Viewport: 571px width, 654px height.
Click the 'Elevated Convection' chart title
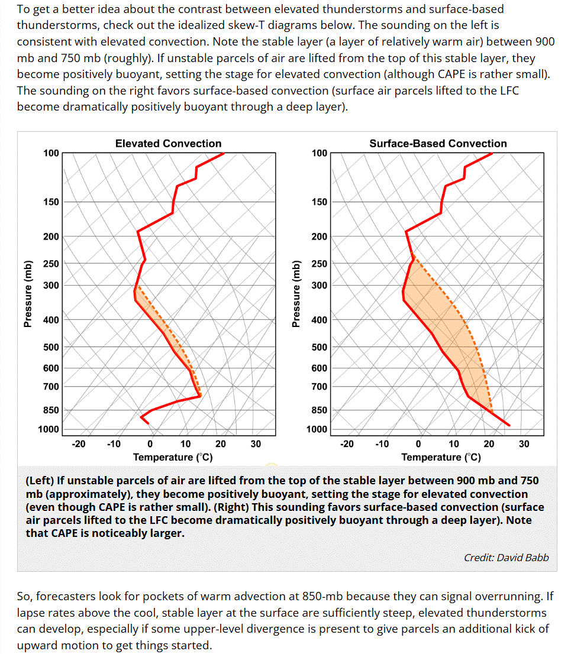click(168, 144)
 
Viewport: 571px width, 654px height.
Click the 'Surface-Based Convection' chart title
click(438, 144)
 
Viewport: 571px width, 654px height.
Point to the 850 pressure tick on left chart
click(51, 410)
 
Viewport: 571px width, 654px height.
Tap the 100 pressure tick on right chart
click(320, 153)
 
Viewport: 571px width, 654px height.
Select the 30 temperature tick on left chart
click(256, 443)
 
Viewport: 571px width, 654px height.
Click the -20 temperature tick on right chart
click(347, 443)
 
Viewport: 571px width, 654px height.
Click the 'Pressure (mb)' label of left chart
click(28, 294)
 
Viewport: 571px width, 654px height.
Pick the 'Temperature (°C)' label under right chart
click(441, 458)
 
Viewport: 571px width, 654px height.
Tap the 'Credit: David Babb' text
click(507, 558)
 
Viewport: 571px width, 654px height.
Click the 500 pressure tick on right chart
click(320, 347)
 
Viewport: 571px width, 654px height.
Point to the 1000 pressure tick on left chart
click(49, 429)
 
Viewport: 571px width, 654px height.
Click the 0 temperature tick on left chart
click(150, 443)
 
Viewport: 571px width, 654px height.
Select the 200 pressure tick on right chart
click(320, 237)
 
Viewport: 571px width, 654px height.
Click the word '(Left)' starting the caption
click(40, 481)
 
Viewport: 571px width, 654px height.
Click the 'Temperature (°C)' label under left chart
click(173, 458)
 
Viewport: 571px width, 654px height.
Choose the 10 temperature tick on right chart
click(454, 443)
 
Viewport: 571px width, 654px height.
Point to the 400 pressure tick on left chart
click(51, 320)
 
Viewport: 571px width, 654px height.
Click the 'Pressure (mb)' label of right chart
click(296, 294)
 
